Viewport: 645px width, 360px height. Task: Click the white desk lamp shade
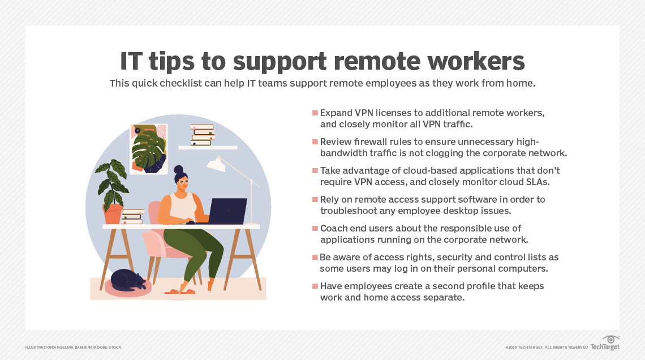(216, 164)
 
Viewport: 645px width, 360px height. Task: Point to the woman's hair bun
(178, 169)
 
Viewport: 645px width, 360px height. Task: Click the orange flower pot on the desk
(113, 214)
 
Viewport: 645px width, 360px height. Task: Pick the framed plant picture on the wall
(149, 148)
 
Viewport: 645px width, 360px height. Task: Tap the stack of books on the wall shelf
(202, 135)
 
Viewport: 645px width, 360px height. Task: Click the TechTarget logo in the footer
(605, 344)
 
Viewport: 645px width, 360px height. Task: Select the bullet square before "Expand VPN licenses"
(315, 113)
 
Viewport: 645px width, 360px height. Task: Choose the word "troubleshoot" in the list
(348, 211)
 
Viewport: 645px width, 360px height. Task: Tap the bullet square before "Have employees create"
(315, 286)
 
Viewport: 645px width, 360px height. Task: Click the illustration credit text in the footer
(74, 347)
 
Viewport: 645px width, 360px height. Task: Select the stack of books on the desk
(132, 217)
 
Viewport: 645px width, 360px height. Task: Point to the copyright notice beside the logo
(547, 347)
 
